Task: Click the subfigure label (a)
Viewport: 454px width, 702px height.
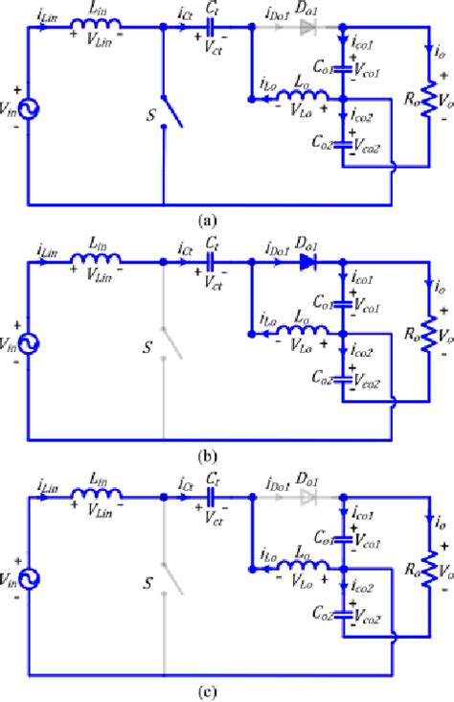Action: coord(205,220)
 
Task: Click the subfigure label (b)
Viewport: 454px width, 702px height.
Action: coord(205,456)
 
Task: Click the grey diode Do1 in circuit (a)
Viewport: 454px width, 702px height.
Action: coord(306,29)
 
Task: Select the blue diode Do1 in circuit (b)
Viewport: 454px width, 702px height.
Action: coord(306,262)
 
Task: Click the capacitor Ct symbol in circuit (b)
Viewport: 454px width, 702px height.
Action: coord(211,262)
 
